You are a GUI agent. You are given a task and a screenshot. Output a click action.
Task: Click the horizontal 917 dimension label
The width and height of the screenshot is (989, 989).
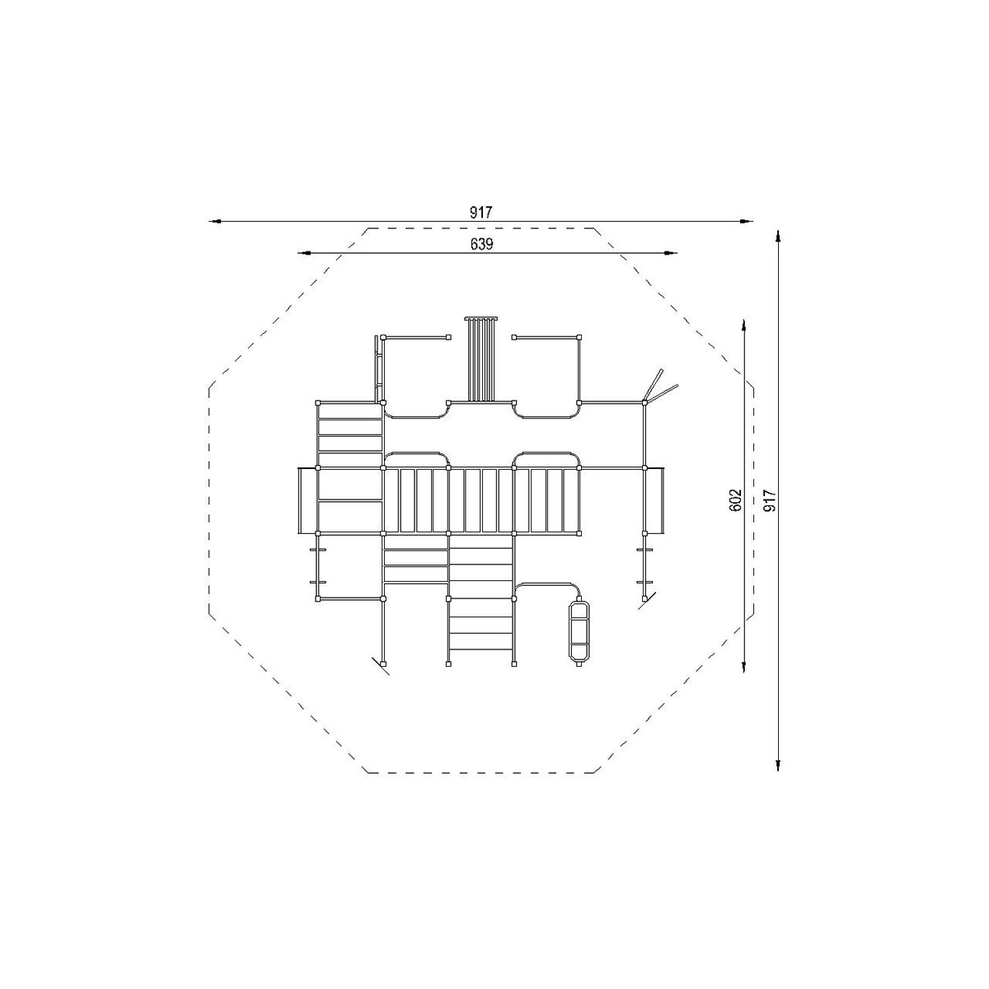click(x=480, y=212)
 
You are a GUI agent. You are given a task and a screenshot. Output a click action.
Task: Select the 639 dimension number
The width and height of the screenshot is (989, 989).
click(x=481, y=244)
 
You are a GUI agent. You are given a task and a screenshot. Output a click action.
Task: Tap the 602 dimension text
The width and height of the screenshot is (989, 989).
click(x=735, y=499)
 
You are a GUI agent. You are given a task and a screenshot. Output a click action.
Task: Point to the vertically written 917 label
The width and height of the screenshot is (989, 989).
click(x=769, y=500)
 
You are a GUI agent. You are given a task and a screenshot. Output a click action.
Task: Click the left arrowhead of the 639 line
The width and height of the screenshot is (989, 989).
click(x=304, y=253)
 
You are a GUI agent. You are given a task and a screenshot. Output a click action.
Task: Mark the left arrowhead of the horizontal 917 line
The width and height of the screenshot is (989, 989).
click(x=215, y=221)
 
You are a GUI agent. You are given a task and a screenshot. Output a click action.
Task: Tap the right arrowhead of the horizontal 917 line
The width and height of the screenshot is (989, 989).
click(x=747, y=221)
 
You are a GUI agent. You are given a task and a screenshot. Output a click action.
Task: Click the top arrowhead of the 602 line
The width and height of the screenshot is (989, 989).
click(x=744, y=326)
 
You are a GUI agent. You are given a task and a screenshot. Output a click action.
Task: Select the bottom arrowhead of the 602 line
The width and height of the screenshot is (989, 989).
click(x=744, y=666)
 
